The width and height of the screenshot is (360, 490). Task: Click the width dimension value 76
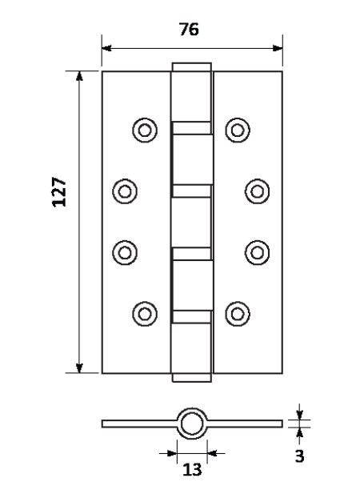[189, 29]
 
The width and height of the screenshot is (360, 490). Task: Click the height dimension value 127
[59, 192]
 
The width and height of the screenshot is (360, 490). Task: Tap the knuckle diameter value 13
[192, 469]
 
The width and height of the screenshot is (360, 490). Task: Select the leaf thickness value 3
[299, 456]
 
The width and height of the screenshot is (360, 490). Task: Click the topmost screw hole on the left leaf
[145, 130]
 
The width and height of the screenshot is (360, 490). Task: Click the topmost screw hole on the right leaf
[238, 130]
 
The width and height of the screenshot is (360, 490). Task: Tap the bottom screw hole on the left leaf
[145, 314]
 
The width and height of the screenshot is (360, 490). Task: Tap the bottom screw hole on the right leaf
[238, 314]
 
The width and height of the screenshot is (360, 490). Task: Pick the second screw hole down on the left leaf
[125, 191]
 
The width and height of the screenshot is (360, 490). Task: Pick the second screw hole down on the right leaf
[258, 191]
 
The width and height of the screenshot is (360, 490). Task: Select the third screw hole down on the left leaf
[125, 252]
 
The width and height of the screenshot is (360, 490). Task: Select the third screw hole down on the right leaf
[258, 252]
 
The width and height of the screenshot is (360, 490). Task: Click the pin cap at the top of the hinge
[192, 67]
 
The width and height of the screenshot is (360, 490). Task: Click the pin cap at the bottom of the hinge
[192, 377]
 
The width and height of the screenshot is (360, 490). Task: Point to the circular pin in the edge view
[192, 424]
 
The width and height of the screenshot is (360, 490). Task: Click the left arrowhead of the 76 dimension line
[106, 48]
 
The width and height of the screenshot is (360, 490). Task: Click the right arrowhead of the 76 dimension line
[278, 48]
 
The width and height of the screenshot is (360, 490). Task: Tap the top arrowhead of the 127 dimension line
[79, 76]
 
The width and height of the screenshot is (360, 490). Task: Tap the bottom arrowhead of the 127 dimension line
[79, 368]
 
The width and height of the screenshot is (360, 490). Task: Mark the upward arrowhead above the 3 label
[299, 432]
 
